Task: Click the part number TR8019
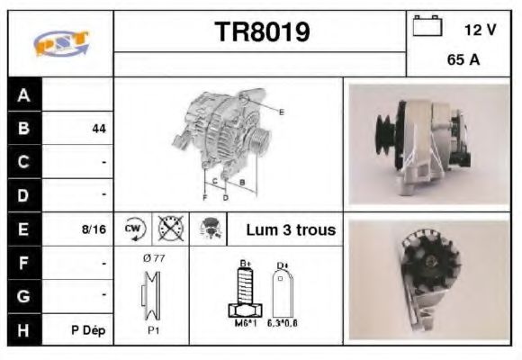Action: coord(261,32)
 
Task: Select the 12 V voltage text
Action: coord(480,30)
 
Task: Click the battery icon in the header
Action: coord(426,28)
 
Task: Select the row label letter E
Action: coord(24,229)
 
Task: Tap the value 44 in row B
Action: coord(99,129)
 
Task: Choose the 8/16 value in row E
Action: coord(94,229)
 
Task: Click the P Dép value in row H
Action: coord(89,330)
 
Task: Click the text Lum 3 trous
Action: coord(291,229)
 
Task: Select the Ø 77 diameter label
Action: coord(154,258)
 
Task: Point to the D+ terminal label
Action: coord(282,265)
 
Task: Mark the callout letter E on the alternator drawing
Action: coord(281,112)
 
